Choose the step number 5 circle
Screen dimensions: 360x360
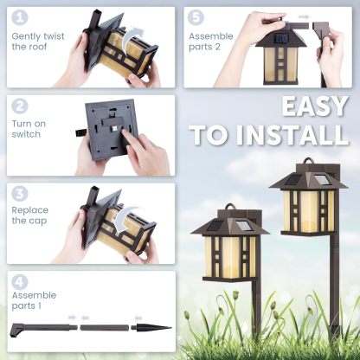point(197,17)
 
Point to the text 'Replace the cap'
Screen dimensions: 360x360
point(30,215)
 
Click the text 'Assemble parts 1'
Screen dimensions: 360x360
point(34,301)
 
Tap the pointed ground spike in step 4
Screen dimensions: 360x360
point(152,328)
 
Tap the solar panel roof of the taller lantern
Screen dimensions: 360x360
point(308,179)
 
